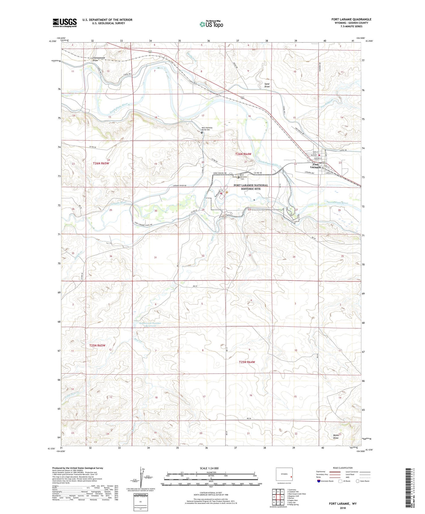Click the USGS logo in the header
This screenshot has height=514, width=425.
point(65,23)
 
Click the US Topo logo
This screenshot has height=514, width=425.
point(211,24)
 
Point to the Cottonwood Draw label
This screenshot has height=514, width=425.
point(99,59)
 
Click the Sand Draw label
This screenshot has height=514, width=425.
point(267,85)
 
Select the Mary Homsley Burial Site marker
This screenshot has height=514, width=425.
point(202,132)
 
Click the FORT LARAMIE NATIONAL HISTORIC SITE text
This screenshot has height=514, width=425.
point(250,187)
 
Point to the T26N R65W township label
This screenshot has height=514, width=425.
point(101,163)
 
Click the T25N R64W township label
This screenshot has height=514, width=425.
point(247,362)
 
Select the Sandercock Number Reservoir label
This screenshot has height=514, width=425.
point(150,324)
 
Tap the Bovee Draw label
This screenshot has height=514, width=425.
point(336,436)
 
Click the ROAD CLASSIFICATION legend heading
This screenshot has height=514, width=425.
point(343,468)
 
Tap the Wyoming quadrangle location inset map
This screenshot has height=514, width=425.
point(284,474)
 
